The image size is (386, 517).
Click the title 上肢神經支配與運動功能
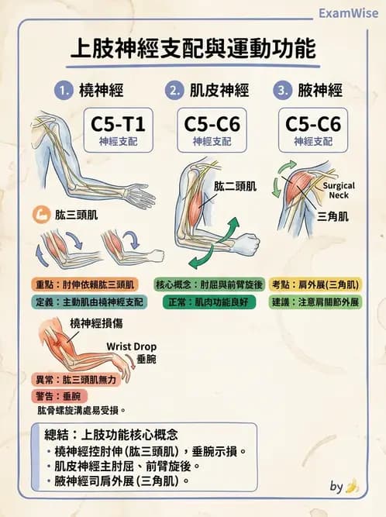click(193, 49)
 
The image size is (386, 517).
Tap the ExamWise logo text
click(347, 12)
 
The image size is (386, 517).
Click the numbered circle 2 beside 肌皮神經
click(174, 91)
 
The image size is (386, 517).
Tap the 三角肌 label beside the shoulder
click(332, 217)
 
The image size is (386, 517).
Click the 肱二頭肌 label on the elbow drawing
click(235, 186)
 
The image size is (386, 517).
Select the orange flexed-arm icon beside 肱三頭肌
click(40, 215)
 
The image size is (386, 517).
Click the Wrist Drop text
click(129, 346)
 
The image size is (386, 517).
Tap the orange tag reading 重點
click(45, 284)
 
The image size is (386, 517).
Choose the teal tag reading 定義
click(45, 302)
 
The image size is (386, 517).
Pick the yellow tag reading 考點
click(286, 284)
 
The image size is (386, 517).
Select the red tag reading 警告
click(45, 396)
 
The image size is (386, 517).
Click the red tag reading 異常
click(45, 380)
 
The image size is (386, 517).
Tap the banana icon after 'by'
click(353, 486)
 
